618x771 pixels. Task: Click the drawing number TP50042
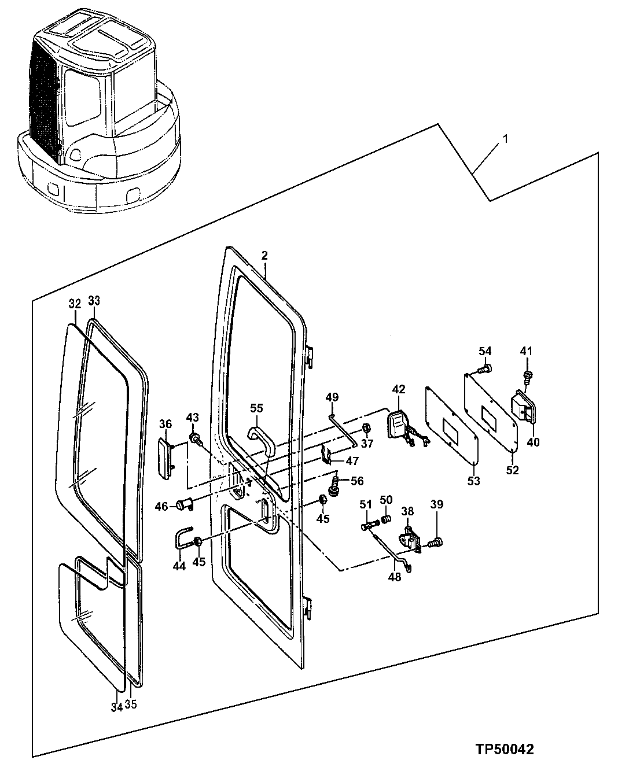click(x=505, y=750)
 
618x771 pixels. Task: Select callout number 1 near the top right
click(x=505, y=139)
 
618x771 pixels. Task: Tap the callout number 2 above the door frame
click(x=264, y=256)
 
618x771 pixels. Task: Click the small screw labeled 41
click(x=527, y=376)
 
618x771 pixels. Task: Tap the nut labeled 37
click(x=366, y=429)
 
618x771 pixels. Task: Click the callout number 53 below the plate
click(x=473, y=481)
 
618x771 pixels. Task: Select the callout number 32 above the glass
click(x=75, y=304)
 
